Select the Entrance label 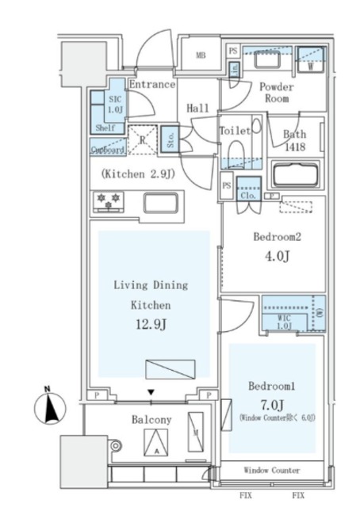pyautogui.click(x=151, y=85)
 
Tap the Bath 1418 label pyautogui.click(x=294, y=140)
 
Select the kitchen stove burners pyautogui.click(x=106, y=201)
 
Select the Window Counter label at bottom pyautogui.click(x=271, y=470)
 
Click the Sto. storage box pyautogui.click(x=170, y=139)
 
